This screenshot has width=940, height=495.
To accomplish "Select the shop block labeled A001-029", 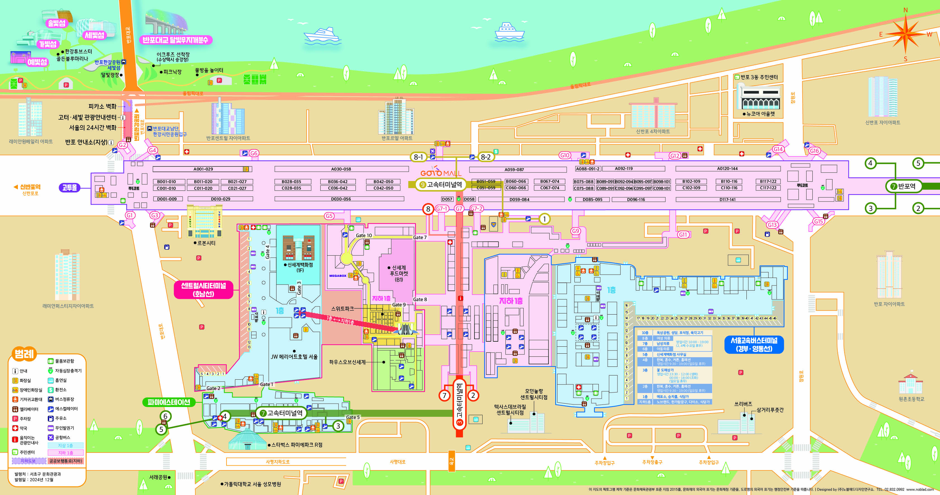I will pyautogui.click(x=203, y=169).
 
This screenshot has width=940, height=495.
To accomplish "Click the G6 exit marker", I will pyautogui.click(x=254, y=153).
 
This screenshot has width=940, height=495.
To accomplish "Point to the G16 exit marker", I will pyautogui.click(x=814, y=151).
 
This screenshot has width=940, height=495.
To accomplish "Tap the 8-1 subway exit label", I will pyautogui.click(x=418, y=157).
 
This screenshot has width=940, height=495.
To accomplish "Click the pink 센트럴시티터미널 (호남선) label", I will pyautogui.click(x=203, y=290).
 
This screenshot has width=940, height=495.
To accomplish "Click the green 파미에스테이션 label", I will pyautogui.click(x=169, y=402).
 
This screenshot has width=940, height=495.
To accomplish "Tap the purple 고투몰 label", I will pyautogui.click(x=69, y=188).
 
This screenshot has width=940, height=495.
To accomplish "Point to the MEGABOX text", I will pyautogui.click(x=338, y=276).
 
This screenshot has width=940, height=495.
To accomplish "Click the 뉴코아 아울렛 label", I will pyautogui.click(x=760, y=114).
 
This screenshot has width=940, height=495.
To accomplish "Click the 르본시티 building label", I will pyautogui.click(x=206, y=243).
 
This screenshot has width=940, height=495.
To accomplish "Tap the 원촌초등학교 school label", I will pyautogui.click(x=911, y=399).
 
